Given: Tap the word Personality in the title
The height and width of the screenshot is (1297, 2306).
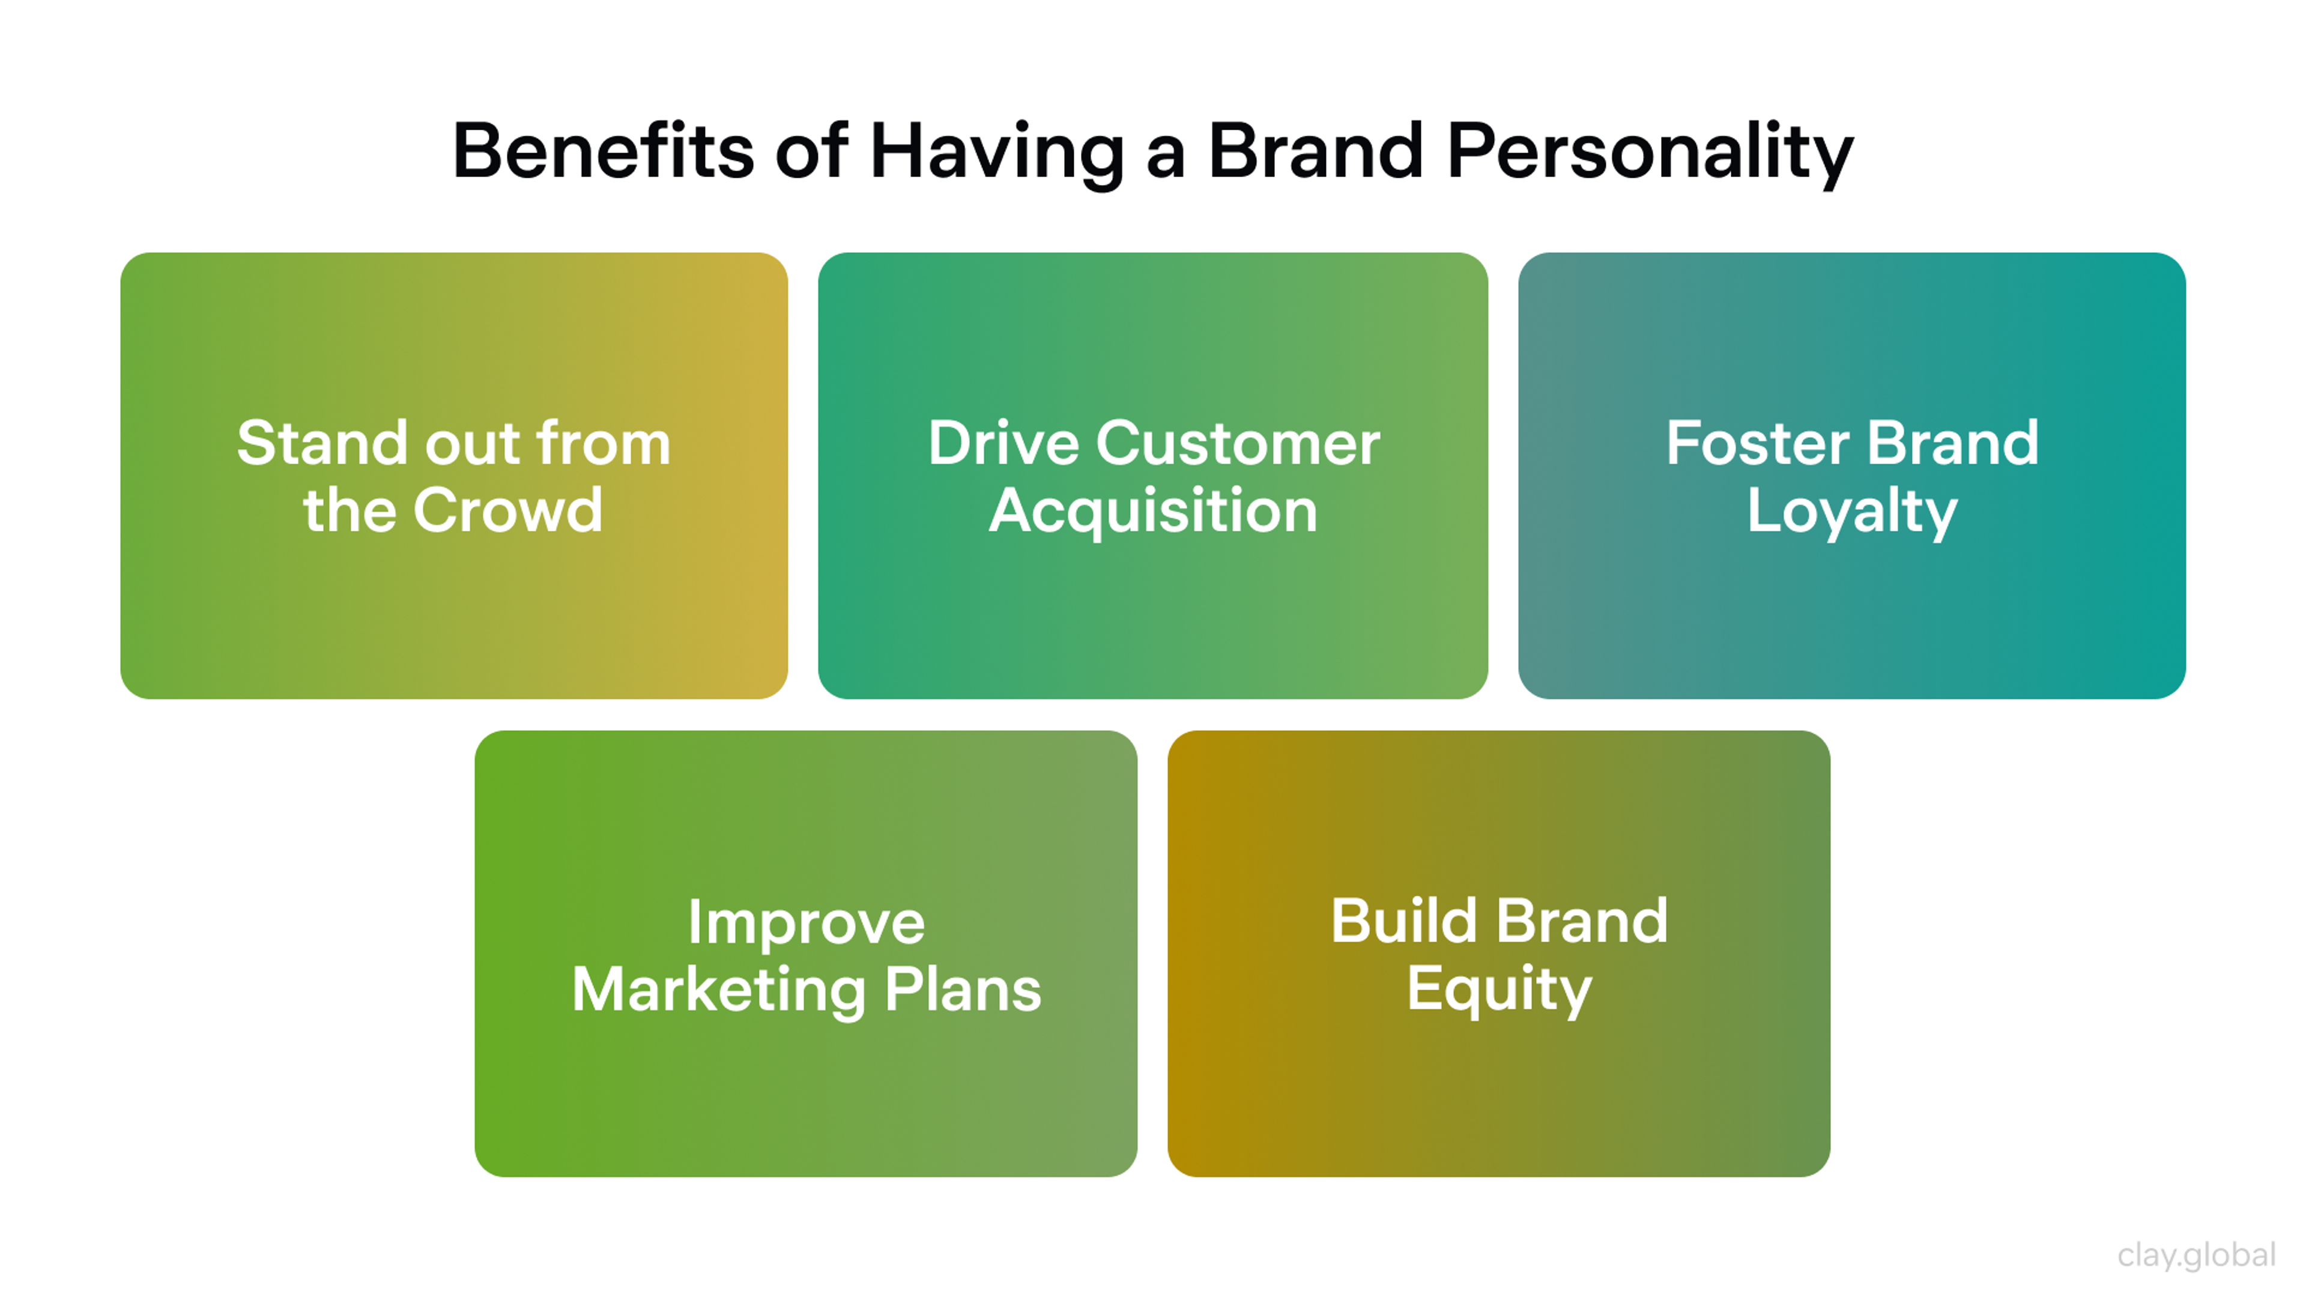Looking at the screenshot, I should [x=1649, y=152].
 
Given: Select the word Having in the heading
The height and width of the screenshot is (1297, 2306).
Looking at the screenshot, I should [x=996, y=152].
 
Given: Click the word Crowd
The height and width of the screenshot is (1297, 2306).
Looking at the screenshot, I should [x=507, y=510].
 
